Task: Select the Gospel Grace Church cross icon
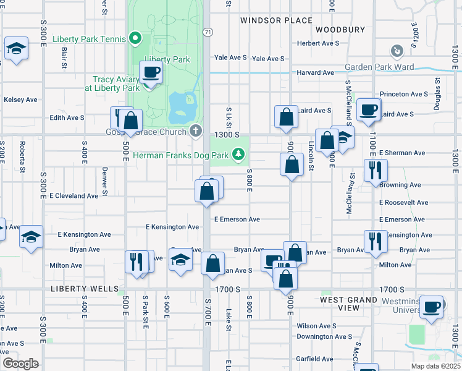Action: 196,130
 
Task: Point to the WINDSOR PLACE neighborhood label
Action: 276,20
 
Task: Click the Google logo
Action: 20,364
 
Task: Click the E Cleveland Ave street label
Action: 73,196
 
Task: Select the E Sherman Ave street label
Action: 402,153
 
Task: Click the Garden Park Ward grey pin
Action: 397,50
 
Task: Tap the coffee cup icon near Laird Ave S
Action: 369,110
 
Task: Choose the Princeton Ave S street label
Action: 403,94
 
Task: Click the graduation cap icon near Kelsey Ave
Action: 16,49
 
